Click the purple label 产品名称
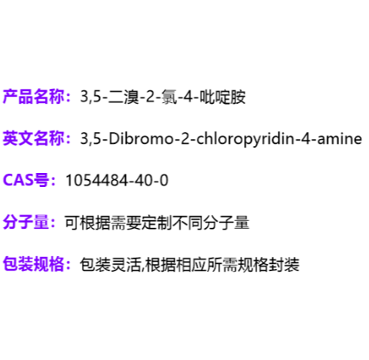coord(34,97)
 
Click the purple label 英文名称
coord(34,138)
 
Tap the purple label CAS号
coord(26,180)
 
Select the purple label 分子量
coord(26,222)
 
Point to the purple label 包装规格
coord(34,264)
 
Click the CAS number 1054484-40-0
coord(116,181)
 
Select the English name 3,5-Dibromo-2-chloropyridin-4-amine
coord(221,139)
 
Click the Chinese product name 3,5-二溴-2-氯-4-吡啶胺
coord(163,97)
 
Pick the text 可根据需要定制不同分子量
coord(157,222)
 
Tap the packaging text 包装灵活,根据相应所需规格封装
coord(190,264)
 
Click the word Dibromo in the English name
coord(141,138)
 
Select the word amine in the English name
coord(340,138)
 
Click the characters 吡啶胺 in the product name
coord(223,97)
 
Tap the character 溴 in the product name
coord(131,97)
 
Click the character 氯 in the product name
coord(170,97)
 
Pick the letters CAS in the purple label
coord(18,180)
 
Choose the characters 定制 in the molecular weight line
coord(157,222)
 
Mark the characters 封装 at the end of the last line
coord(284,264)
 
